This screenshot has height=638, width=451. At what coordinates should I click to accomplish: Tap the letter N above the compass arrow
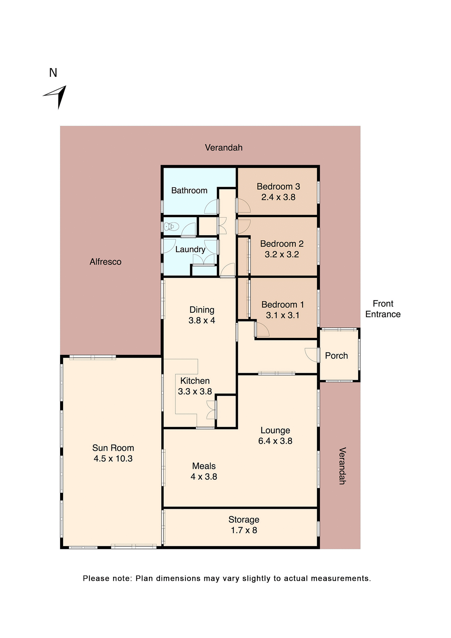click(x=53, y=73)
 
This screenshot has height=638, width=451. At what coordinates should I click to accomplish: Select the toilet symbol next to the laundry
click(x=171, y=227)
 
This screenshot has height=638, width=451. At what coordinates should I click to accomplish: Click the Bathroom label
click(x=189, y=190)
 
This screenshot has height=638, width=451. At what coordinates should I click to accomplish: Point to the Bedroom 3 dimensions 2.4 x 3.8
click(x=278, y=197)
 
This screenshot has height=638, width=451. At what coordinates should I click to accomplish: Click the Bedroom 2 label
click(x=282, y=244)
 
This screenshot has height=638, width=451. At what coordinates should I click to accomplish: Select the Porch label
click(x=336, y=356)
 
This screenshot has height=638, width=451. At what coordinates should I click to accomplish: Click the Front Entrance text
click(x=383, y=309)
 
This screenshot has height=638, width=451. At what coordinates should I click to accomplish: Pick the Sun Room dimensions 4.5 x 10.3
click(x=113, y=459)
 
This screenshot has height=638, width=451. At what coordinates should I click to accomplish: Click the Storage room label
click(x=244, y=519)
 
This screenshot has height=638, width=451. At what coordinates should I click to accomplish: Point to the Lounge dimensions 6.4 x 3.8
click(x=275, y=441)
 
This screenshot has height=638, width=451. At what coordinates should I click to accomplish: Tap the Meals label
click(x=204, y=466)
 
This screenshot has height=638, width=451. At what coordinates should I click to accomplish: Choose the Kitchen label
click(x=195, y=381)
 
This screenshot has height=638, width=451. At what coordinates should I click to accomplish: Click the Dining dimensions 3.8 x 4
click(x=202, y=321)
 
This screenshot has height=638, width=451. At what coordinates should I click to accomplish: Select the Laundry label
click(x=190, y=249)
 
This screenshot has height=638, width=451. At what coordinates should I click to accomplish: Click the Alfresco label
click(x=105, y=262)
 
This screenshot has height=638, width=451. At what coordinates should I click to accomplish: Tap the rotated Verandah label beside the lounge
click(x=342, y=466)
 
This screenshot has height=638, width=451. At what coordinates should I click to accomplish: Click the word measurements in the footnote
click(x=341, y=578)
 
